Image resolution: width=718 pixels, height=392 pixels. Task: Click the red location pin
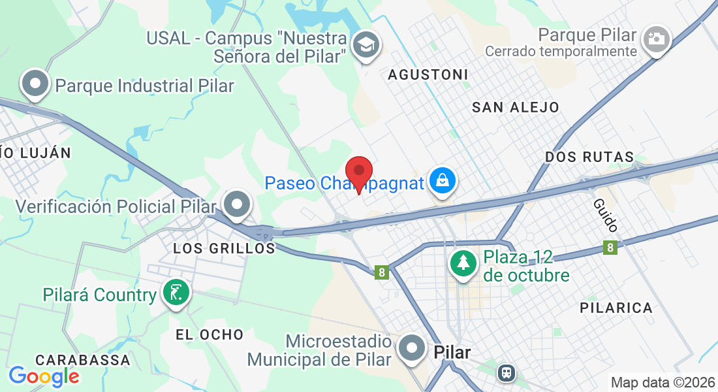point(358,173)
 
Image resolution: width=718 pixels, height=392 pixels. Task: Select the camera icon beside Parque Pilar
point(655,39)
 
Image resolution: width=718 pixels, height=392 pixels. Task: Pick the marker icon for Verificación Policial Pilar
point(237,205)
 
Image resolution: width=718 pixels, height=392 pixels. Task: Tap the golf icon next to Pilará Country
point(176,293)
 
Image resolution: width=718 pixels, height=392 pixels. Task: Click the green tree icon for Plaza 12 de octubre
point(463,263)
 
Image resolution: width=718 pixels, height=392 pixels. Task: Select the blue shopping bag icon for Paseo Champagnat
point(443,181)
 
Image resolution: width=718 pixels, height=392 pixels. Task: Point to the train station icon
point(506,373)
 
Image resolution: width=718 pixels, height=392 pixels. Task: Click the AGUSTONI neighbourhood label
point(428,74)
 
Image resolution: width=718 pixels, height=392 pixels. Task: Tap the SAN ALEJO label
point(516,107)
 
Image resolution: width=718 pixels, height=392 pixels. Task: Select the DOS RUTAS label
point(589,157)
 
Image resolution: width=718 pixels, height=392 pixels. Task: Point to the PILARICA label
point(616,308)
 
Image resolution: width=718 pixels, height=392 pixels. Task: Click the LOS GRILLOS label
point(224,248)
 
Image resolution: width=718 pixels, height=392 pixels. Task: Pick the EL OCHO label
point(210,335)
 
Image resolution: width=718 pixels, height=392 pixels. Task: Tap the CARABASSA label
point(83,360)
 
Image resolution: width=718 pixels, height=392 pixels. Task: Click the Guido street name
point(606,215)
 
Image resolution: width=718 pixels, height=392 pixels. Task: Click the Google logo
point(44,376)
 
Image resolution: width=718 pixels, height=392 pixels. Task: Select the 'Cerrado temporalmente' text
point(561,51)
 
